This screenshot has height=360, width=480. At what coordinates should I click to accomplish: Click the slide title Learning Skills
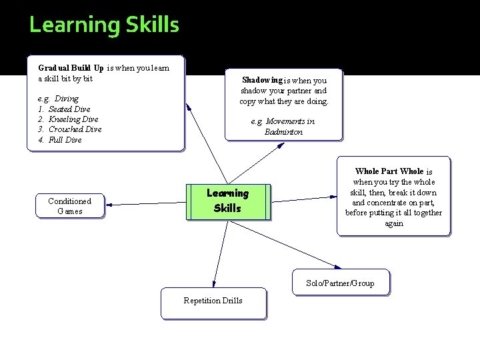tap(104, 25)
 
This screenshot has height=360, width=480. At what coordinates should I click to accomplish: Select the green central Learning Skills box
tap(227, 201)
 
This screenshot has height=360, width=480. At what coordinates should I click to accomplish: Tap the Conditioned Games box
tap(70, 206)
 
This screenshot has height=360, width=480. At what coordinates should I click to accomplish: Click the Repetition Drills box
tap(213, 303)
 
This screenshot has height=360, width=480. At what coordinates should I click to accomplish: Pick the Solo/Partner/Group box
tap(340, 283)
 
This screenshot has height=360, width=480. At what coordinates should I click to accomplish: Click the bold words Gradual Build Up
tap(71, 68)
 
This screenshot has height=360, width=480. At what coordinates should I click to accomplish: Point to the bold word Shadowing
tap(262, 80)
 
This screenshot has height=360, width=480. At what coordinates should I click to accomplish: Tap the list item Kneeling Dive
tap(73, 119)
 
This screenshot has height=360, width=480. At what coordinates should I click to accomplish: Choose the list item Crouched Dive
tap(75, 129)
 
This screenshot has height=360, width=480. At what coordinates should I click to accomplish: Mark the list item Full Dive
tap(65, 140)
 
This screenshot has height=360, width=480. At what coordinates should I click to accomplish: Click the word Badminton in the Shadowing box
tap(283, 132)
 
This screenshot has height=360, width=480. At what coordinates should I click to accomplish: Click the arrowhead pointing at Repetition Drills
tap(214, 285)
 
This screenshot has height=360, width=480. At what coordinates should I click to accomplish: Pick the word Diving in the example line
tap(67, 99)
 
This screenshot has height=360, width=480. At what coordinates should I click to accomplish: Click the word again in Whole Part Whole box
tap(393, 223)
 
